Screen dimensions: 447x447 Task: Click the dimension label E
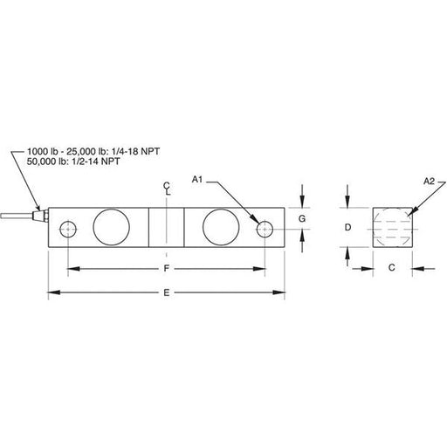point(166,292)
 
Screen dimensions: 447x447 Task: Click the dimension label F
point(166,268)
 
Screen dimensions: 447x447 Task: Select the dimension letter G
point(302,218)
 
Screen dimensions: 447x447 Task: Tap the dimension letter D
point(347,227)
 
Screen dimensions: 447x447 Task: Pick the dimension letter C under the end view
point(392,267)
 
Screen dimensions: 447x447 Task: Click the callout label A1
point(197,180)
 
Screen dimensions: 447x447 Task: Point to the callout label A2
point(429,182)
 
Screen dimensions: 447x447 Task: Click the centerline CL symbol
point(167,189)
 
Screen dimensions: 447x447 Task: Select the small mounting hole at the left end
point(68,230)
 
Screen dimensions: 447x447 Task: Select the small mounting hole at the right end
point(265,229)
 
